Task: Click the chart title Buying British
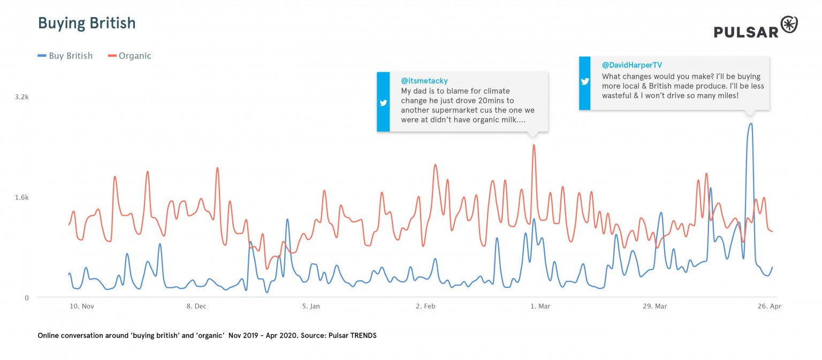click(86, 24)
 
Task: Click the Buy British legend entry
click(65, 56)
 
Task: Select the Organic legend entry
click(130, 56)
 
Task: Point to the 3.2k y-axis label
click(21, 97)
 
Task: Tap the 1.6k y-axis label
click(21, 197)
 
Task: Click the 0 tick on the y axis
click(26, 297)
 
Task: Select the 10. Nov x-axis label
click(82, 307)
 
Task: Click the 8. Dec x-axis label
click(196, 307)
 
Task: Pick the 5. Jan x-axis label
click(311, 307)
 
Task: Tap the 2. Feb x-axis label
click(425, 307)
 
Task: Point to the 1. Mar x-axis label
click(540, 307)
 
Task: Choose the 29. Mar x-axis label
click(654, 307)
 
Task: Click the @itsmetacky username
click(424, 81)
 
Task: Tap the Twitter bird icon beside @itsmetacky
click(383, 103)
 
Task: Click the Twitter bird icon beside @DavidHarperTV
click(585, 82)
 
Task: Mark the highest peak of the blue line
click(750, 124)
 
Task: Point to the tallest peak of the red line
click(534, 145)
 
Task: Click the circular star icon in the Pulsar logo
click(789, 25)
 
